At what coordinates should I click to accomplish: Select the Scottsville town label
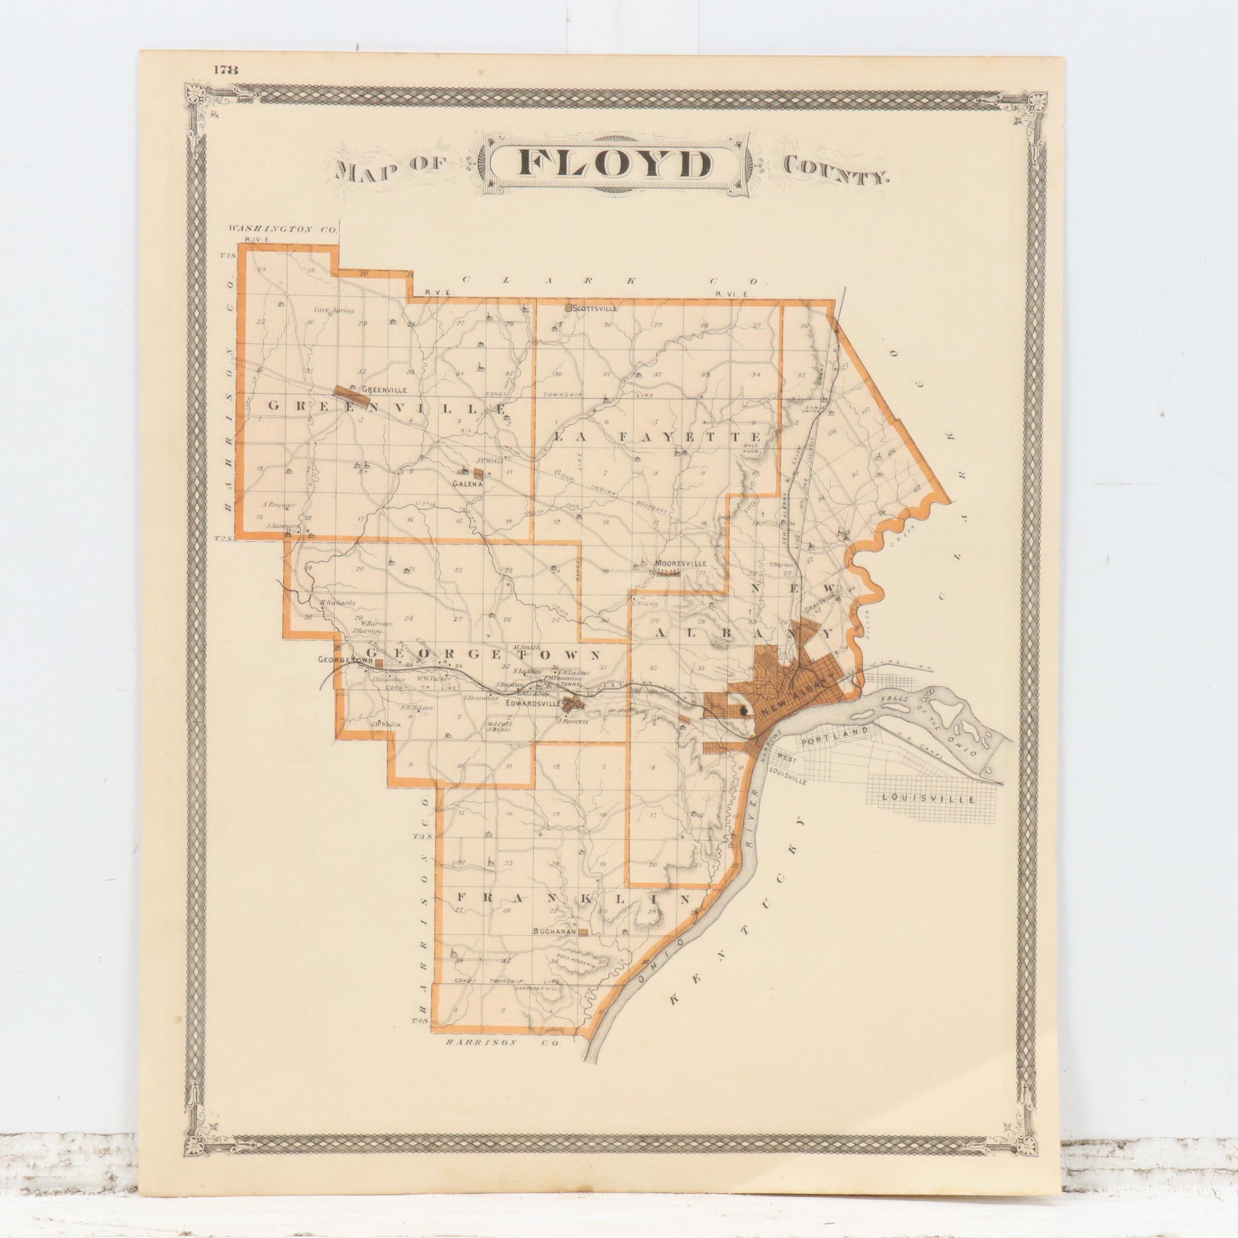tap(595, 308)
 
